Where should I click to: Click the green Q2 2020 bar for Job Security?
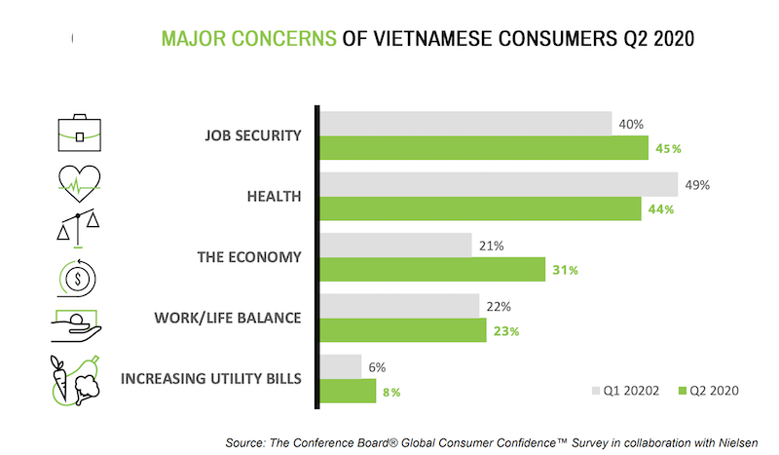click(x=484, y=148)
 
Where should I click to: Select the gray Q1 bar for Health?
click(x=499, y=184)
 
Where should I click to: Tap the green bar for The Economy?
click(x=432, y=269)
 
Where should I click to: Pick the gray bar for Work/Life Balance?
click(x=399, y=306)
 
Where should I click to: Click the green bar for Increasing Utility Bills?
click(x=348, y=391)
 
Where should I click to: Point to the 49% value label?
click(x=698, y=184)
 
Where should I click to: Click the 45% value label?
click(x=668, y=149)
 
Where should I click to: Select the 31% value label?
click(x=564, y=270)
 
